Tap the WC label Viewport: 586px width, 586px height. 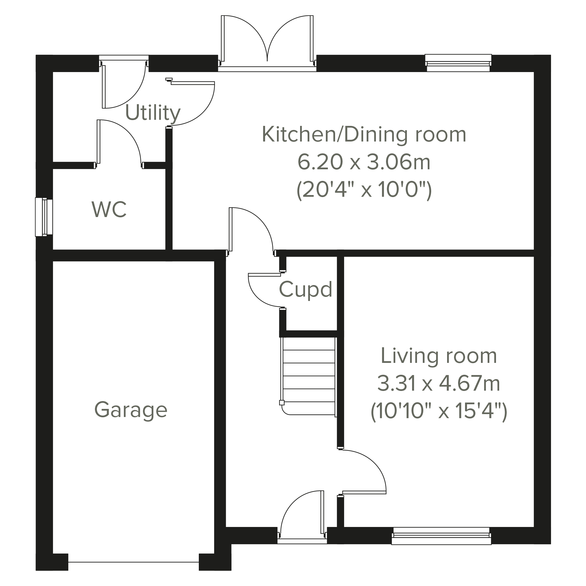109,209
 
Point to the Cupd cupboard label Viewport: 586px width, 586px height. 305,290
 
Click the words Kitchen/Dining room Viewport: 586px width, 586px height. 364,134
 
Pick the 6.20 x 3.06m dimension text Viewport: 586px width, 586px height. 364,162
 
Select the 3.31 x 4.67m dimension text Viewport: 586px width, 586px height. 439,384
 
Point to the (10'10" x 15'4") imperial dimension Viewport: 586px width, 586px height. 439,411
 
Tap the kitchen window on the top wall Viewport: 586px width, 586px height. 458,63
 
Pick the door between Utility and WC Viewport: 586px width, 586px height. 119,144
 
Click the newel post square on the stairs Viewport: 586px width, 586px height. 282,403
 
